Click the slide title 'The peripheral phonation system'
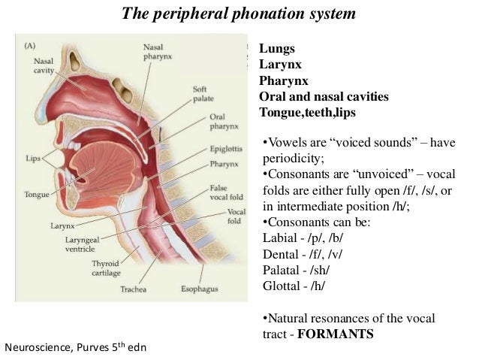coord(238,14)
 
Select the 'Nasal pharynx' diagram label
coord(157,52)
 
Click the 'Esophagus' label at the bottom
coord(198,288)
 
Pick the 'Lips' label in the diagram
coord(32,159)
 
